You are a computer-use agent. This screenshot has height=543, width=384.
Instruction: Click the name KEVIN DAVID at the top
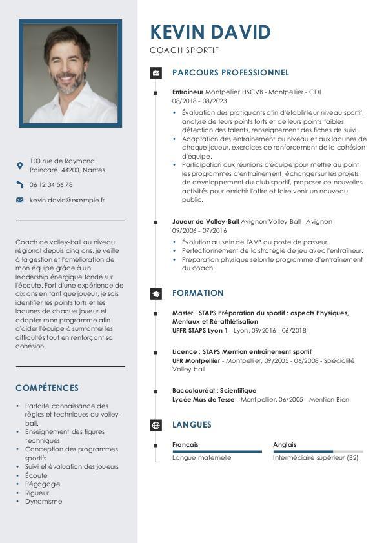[210, 32]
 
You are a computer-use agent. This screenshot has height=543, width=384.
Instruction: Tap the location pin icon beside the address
[19, 166]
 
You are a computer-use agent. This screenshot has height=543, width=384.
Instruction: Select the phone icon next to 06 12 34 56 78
[19, 184]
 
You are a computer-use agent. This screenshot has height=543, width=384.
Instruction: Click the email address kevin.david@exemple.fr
[67, 201]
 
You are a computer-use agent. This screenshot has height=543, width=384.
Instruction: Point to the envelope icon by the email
[19, 201]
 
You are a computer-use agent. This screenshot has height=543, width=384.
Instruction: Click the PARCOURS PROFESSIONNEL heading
[230, 73]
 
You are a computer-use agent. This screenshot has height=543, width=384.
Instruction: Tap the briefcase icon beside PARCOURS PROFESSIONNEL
[156, 73]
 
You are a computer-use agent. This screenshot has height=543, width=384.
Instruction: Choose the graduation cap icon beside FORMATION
[156, 293]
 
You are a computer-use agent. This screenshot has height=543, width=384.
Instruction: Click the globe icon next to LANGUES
[156, 425]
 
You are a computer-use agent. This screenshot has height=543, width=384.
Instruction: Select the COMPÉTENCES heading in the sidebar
[47, 388]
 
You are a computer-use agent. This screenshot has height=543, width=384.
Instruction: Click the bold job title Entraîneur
[188, 92]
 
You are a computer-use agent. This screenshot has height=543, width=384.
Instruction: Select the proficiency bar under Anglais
[318, 451]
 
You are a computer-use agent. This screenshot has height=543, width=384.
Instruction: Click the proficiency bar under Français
[217, 451]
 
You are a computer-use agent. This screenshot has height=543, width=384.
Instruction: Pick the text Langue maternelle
[201, 457]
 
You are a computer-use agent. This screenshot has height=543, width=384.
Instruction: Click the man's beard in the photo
[70, 84]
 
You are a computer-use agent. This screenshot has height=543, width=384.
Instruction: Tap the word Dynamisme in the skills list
[44, 501]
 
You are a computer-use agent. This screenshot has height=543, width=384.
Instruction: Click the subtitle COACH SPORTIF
[185, 50]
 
